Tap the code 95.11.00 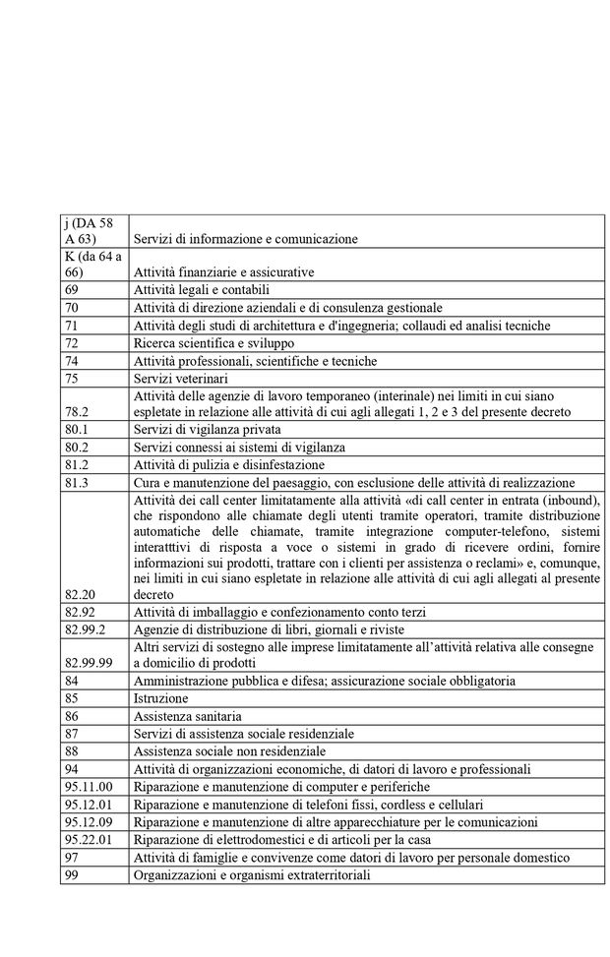point(89,787)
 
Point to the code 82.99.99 point(89,664)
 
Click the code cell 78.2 point(76,412)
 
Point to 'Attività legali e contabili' point(202,290)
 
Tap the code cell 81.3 point(76,483)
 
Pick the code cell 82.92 point(79,612)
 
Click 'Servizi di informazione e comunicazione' point(246,238)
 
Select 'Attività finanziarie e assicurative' point(224,271)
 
